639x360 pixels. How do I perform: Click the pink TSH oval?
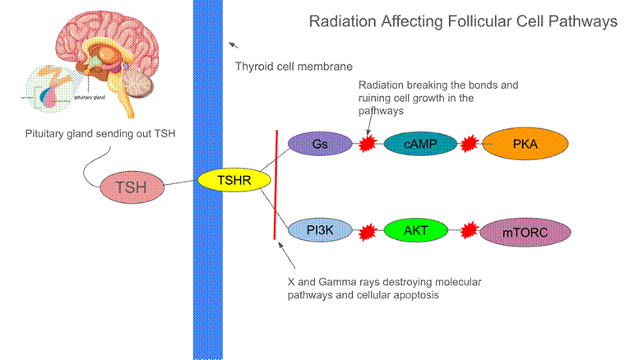(132, 187)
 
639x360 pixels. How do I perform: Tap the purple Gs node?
(319, 144)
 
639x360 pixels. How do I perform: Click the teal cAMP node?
(414, 144)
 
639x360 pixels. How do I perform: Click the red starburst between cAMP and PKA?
(469, 145)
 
